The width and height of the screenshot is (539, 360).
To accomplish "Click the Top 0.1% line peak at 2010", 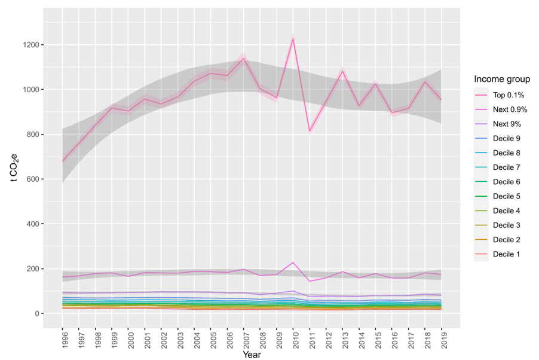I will click(293, 39).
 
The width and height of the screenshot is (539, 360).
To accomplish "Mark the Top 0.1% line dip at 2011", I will click(310, 131).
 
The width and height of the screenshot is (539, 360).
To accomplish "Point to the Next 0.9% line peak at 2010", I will click(293, 263).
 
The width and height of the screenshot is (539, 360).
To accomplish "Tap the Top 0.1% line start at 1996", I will click(62, 161).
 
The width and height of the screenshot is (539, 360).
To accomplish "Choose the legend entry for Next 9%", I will click(506, 124).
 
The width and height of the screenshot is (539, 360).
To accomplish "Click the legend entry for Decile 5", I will click(506, 196).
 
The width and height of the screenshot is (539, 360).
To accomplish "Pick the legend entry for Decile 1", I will click(506, 254).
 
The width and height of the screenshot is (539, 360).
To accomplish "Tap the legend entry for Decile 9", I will click(506, 139).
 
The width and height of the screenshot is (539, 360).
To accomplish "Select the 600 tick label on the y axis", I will click(33, 179).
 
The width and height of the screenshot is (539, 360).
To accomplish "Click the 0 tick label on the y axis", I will click(38, 313).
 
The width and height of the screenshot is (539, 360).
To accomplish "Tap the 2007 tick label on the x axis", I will click(244, 339).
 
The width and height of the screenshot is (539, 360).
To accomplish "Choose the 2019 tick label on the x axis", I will click(442, 339).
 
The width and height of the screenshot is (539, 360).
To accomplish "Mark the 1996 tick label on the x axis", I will click(62, 339).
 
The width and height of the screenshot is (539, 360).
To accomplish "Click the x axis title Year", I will click(252, 355).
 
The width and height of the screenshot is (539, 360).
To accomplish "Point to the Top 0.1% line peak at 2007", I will click(243, 59).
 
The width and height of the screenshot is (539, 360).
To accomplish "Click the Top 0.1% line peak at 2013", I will click(342, 71).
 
